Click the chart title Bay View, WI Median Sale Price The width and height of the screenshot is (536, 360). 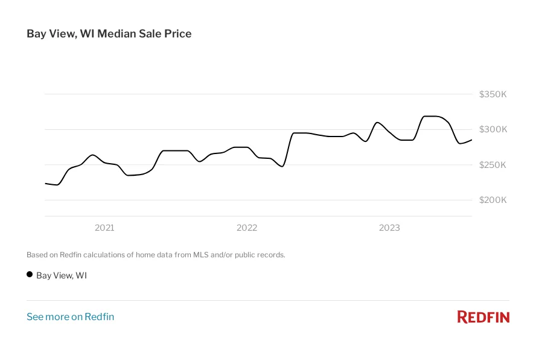coord(109,34)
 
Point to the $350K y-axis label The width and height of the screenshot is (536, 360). coord(493,94)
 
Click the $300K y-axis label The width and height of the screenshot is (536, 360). coord(493,129)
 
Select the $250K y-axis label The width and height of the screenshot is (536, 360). coord(493,165)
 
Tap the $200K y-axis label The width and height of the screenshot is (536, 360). coord(493,200)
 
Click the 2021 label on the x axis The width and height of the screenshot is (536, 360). coord(104,228)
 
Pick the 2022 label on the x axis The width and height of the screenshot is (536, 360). coord(247,228)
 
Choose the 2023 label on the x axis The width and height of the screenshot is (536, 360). coord(389,228)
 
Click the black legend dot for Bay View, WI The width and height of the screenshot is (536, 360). coord(30,274)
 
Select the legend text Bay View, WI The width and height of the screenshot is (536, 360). coord(62,275)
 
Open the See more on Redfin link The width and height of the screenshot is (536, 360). coord(70,317)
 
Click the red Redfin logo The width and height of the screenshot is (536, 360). coord(483,317)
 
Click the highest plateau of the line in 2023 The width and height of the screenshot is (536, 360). coord(432,116)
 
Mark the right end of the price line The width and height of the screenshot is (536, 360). coord(471,140)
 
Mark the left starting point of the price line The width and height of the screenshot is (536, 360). coord(45,183)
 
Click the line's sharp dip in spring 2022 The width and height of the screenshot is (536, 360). coord(282,166)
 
